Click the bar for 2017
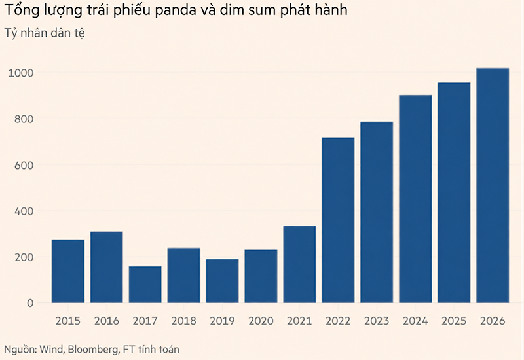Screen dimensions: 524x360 (x=145, y=285)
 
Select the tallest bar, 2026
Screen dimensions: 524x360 (x=493, y=186)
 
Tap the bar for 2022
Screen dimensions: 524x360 (x=338, y=221)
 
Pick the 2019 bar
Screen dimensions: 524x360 (x=222, y=281)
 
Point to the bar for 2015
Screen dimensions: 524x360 (x=68, y=271)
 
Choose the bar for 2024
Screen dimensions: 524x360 (x=415, y=199)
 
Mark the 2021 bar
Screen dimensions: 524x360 (x=299, y=264)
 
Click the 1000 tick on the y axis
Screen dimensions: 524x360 (x=21, y=73)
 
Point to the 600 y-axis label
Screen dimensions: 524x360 (x=24, y=165)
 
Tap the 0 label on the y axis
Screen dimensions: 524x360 (x=30, y=303)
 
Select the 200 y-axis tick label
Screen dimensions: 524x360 (x=24, y=257)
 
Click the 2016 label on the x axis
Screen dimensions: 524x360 (x=107, y=321)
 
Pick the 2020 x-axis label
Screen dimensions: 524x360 (x=261, y=321)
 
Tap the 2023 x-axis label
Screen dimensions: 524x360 (x=377, y=321)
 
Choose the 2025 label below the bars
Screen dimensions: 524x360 (x=454, y=321)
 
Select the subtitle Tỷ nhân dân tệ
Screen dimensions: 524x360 (x=45, y=33)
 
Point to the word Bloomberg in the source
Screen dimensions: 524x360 (x=93, y=350)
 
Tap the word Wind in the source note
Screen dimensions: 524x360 (x=52, y=350)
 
